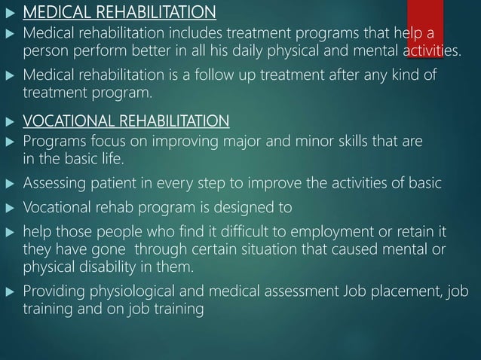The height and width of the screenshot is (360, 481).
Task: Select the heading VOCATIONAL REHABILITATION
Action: tap(127, 121)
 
